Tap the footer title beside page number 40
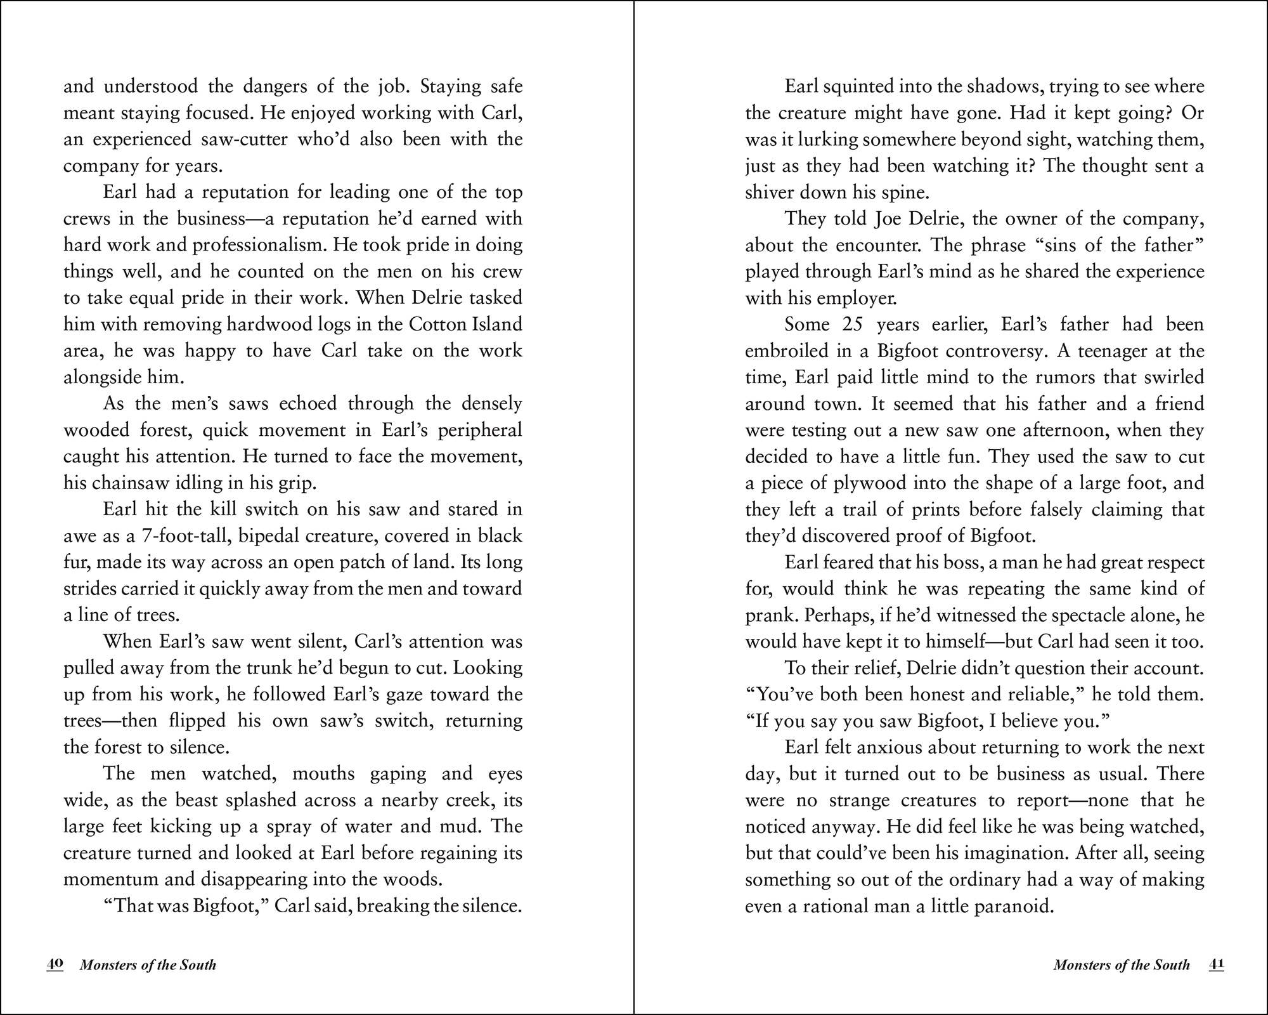tap(148, 965)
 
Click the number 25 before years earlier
tap(852, 324)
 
